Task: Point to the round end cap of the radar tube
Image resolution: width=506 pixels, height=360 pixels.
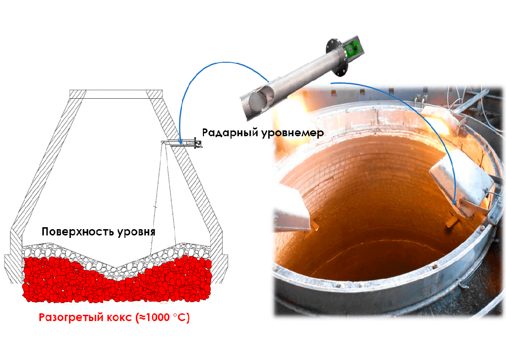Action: (257, 103)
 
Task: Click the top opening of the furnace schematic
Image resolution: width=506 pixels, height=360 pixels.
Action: (115, 94)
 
